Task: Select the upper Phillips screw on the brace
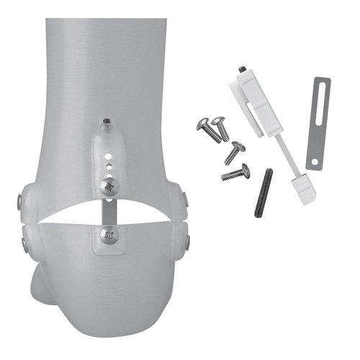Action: (x=108, y=186)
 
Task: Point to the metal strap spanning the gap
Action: (x=109, y=210)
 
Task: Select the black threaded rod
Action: (x=264, y=192)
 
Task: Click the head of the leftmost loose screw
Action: (x=202, y=124)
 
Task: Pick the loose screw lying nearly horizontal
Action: (x=235, y=172)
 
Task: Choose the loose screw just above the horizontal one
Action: (x=235, y=151)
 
